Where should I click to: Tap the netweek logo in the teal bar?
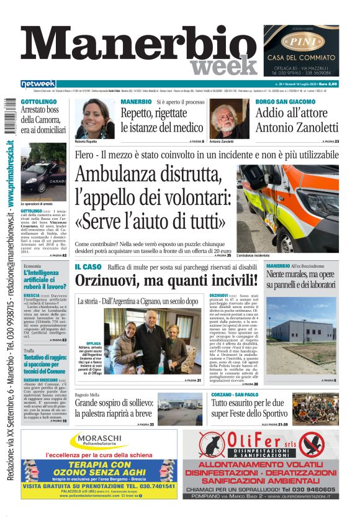point(38,83)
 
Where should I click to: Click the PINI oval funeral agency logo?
point(301,42)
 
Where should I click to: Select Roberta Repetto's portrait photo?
point(95,118)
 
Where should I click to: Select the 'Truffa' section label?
point(29,351)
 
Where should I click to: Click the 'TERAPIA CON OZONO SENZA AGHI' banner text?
point(99,468)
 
